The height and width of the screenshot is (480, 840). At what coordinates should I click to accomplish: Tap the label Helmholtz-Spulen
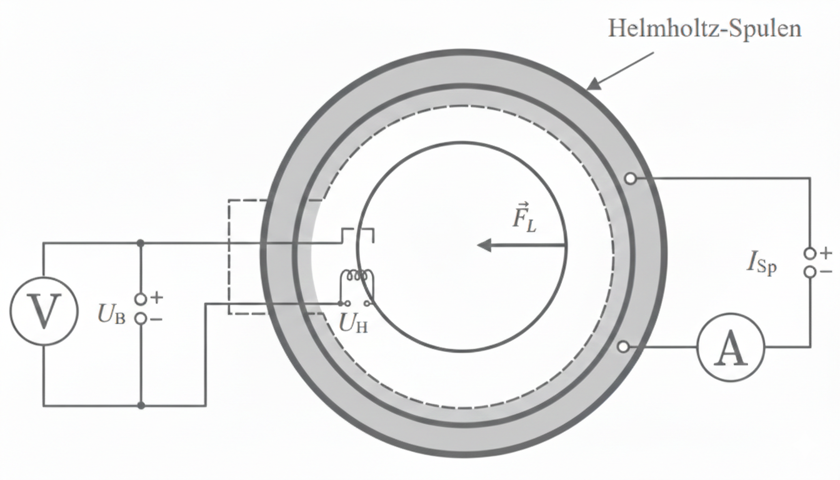click(x=704, y=29)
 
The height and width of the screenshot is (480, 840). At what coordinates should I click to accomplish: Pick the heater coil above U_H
click(x=356, y=276)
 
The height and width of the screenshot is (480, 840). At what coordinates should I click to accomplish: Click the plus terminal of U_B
click(x=141, y=299)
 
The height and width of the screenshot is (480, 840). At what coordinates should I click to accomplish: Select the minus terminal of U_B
click(x=141, y=319)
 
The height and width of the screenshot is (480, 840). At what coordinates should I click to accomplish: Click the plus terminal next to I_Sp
click(x=811, y=253)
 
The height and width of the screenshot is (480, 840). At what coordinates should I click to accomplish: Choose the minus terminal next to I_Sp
click(x=811, y=272)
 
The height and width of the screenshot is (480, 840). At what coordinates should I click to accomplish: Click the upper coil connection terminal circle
click(x=631, y=179)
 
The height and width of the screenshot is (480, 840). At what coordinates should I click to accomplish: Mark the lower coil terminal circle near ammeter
click(x=622, y=347)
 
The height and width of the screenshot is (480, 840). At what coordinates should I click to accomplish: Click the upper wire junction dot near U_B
click(x=141, y=242)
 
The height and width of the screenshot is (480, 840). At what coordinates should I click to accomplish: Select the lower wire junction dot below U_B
click(x=141, y=406)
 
